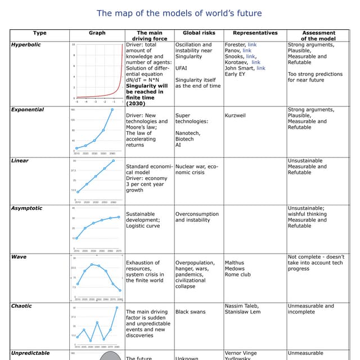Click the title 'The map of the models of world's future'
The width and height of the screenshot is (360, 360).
click(179, 13)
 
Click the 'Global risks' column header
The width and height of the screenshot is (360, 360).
click(193, 33)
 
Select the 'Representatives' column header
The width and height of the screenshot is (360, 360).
click(255, 33)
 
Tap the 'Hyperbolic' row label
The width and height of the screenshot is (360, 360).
click(26, 44)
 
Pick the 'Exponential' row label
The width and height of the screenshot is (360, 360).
click(28, 110)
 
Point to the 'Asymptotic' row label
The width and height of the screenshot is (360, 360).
click(26, 208)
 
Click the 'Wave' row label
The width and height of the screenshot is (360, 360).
click(19, 257)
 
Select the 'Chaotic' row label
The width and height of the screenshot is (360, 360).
click(23, 306)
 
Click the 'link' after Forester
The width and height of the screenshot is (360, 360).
click(252, 45)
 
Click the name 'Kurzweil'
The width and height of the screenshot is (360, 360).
click(237, 115)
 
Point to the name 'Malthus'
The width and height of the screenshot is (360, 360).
click(235, 263)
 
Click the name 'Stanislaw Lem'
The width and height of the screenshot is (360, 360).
click(244, 312)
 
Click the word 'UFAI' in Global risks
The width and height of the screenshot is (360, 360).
click(182, 69)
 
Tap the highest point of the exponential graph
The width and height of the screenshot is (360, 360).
click(112, 110)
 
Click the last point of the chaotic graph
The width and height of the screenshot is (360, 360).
click(117, 308)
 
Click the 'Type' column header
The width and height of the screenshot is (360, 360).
click(39, 33)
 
